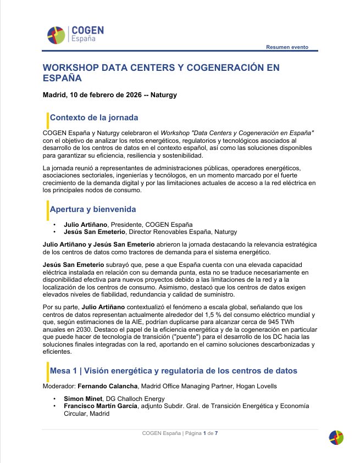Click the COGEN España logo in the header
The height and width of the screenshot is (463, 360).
(x=75, y=34)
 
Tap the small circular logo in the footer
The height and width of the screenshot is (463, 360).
(x=336, y=437)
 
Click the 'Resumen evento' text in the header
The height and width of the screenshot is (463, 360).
(x=287, y=47)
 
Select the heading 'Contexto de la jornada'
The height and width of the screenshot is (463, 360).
(x=94, y=118)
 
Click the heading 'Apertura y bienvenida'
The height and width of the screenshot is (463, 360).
(x=93, y=209)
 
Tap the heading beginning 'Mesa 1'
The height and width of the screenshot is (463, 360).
(x=174, y=371)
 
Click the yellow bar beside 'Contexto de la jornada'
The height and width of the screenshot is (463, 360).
(x=47, y=119)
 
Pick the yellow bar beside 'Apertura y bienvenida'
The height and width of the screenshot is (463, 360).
(x=47, y=210)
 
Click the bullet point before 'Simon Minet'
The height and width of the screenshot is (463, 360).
(x=54, y=399)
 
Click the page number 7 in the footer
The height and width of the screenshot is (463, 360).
(x=216, y=433)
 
